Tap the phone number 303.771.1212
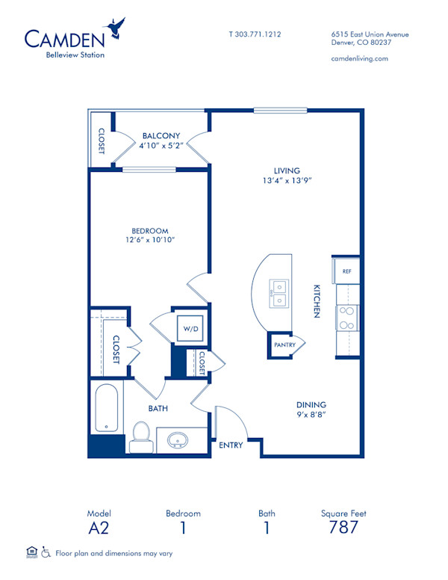[x=255, y=34]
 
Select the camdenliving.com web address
[x=358, y=58]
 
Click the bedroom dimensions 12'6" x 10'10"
[x=149, y=240]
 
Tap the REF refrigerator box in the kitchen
[x=346, y=271]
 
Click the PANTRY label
[x=284, y=345]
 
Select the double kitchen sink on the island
[x=281, y=293]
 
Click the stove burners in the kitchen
[x=347, y=318]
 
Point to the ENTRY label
[x=231, y=445]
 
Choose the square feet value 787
[x=343, y=528]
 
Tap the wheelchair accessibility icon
[x=46, y=553]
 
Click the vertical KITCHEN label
[x=317, y=300]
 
